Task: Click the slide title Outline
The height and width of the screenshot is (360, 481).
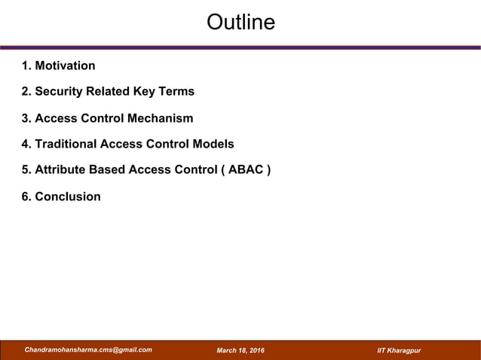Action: pyautogui.click(x=240, y=23)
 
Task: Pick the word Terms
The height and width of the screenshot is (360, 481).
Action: pyautogui.click(x=176, y=91)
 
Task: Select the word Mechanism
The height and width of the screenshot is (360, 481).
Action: pyautogui.click(x=159, y=118)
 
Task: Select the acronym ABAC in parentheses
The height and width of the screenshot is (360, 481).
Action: pyautogui.click(x=244, y=169)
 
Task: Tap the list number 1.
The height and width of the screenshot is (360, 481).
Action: pyautogui.click(x=26, y=66)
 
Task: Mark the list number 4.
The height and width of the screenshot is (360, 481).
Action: pyautogui.click(x=26, y=144)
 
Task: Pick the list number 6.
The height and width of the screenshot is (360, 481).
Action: pyautogui.click(x=26, y=197)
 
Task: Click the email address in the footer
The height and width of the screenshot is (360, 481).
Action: pyautogui.click(x=88, y=350)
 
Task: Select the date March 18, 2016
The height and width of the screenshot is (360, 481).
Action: pyautogui.click(x=240, y=351)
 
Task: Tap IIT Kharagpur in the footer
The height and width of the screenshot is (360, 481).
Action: pyautogui.click(x=399, y=351)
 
